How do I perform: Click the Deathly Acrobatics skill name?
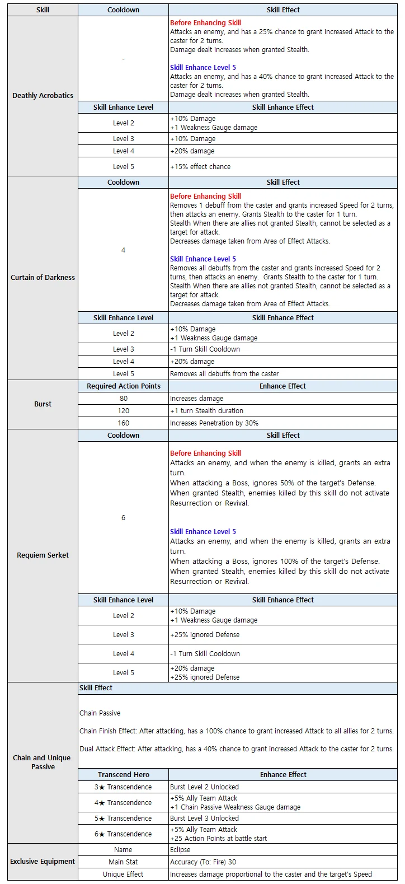click(x=43, y=96)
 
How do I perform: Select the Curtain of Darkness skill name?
click(x=43, y=278)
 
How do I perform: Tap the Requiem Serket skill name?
click(x=43, y=555)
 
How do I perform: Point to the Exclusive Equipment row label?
click(x=43, y=862)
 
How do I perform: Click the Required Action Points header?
click(x=123, y=386)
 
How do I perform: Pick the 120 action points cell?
click(x=123, y=411)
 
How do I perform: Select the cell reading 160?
click(x=123, y=423)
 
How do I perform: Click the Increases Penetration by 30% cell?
click(x=214, y=423)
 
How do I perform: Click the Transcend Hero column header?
click(x=123, y=775)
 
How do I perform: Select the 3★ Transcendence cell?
click(x=123, y=787)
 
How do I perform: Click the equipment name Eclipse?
click(x=180, y=850)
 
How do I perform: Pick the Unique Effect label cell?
click(x=123, y=874)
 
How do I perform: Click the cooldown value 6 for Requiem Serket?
click(x=123, y=518)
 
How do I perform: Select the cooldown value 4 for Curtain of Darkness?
click(x=123, y=250)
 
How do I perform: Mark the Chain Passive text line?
click(x=100, y=713)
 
